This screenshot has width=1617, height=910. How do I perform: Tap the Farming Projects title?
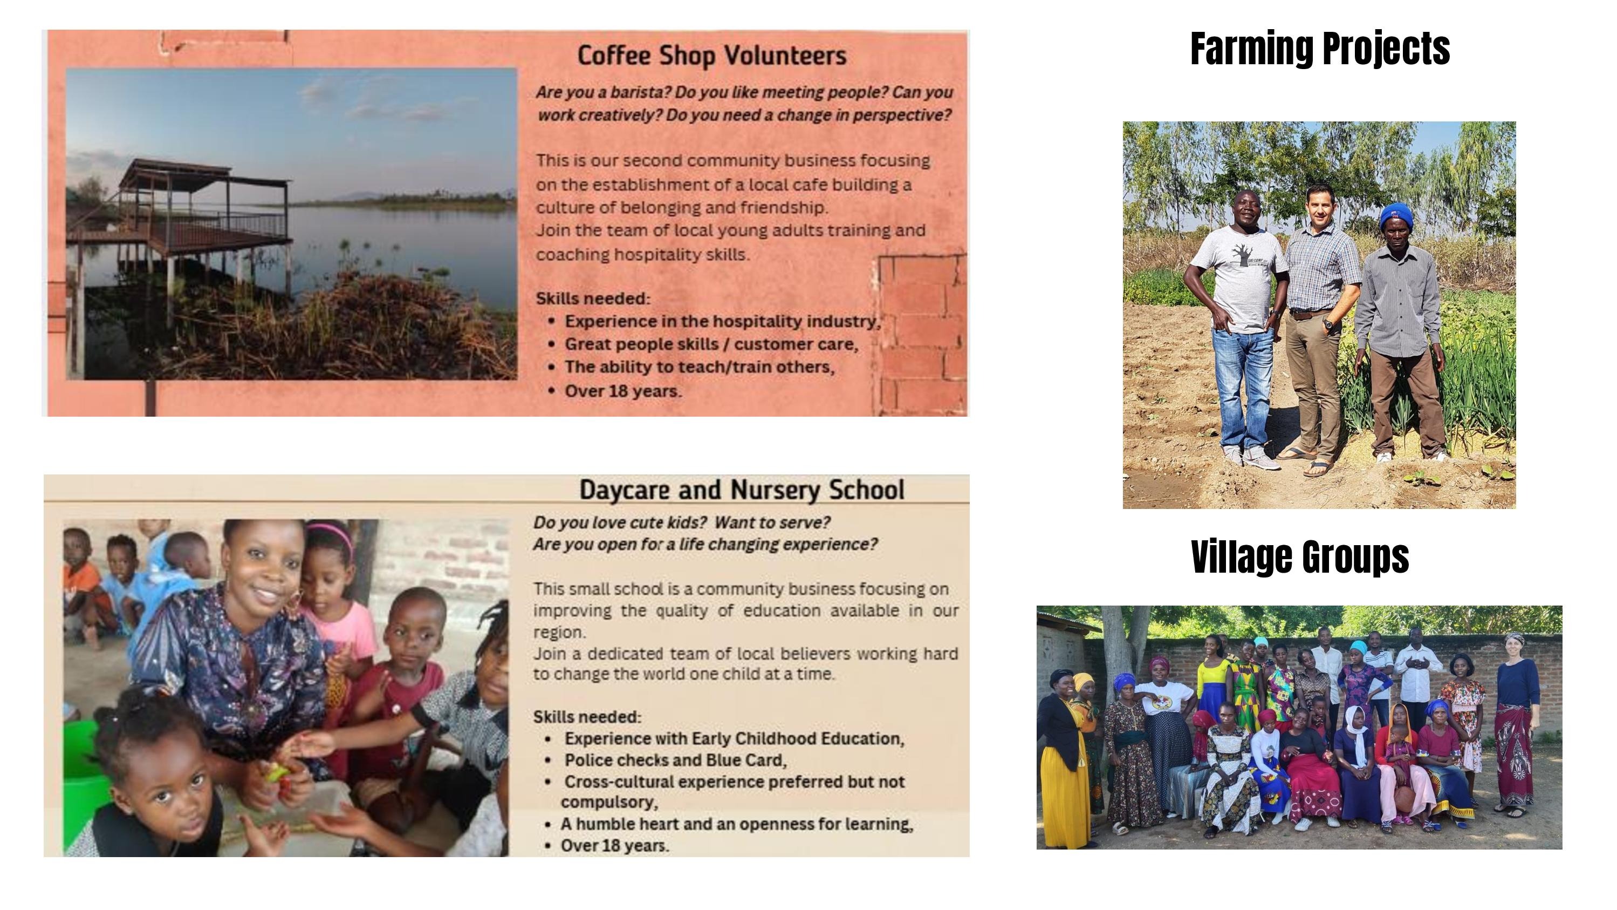click(1320, 49)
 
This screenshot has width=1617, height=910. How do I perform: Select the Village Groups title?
click(1300, 556)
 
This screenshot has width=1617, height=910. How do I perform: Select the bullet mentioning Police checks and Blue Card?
click(675, 760)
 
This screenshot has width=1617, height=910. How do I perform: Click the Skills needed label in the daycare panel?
click(587, 717)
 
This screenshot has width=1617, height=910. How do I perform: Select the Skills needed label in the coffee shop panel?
click(593, 299)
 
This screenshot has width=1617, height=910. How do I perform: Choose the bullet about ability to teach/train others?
click(699, 368)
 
